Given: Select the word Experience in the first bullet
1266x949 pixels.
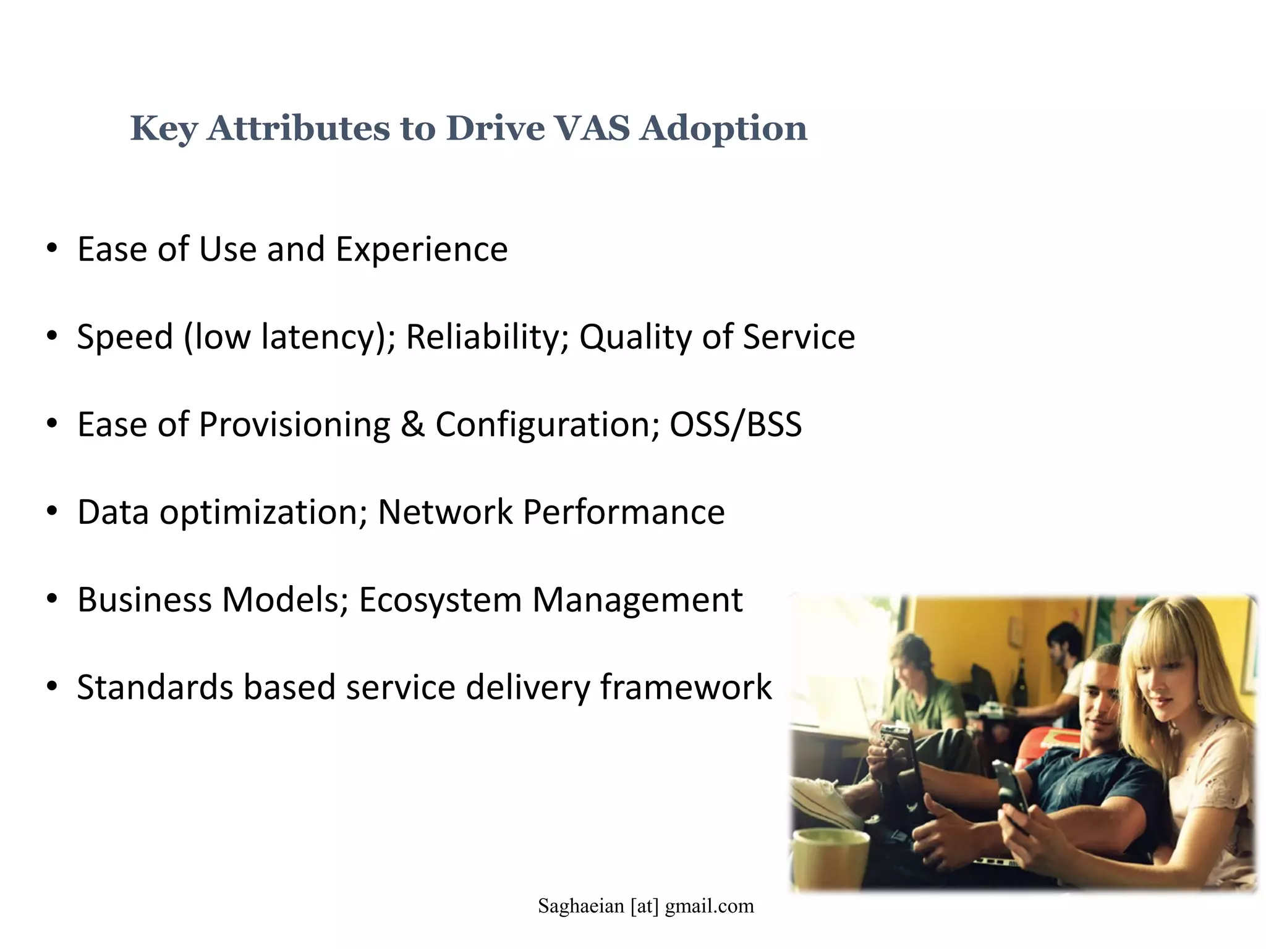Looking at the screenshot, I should (421, 250).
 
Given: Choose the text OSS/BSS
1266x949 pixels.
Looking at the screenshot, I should (736, 425).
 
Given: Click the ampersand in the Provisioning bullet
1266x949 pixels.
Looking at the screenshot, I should (412, 425).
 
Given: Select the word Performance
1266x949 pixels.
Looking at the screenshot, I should (624, 513).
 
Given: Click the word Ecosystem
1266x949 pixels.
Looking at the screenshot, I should (440, 601).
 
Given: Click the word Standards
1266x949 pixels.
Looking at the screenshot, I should (155, 688).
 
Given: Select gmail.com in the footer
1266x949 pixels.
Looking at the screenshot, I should (709, 906).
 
